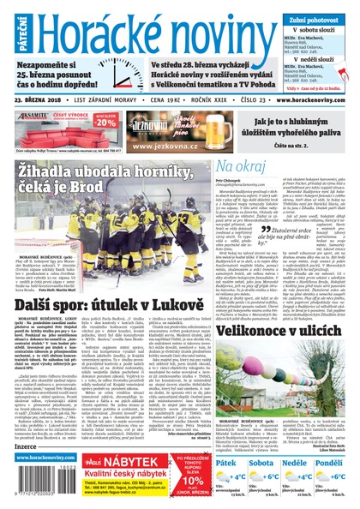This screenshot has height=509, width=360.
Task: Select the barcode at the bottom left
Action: [24, 485]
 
